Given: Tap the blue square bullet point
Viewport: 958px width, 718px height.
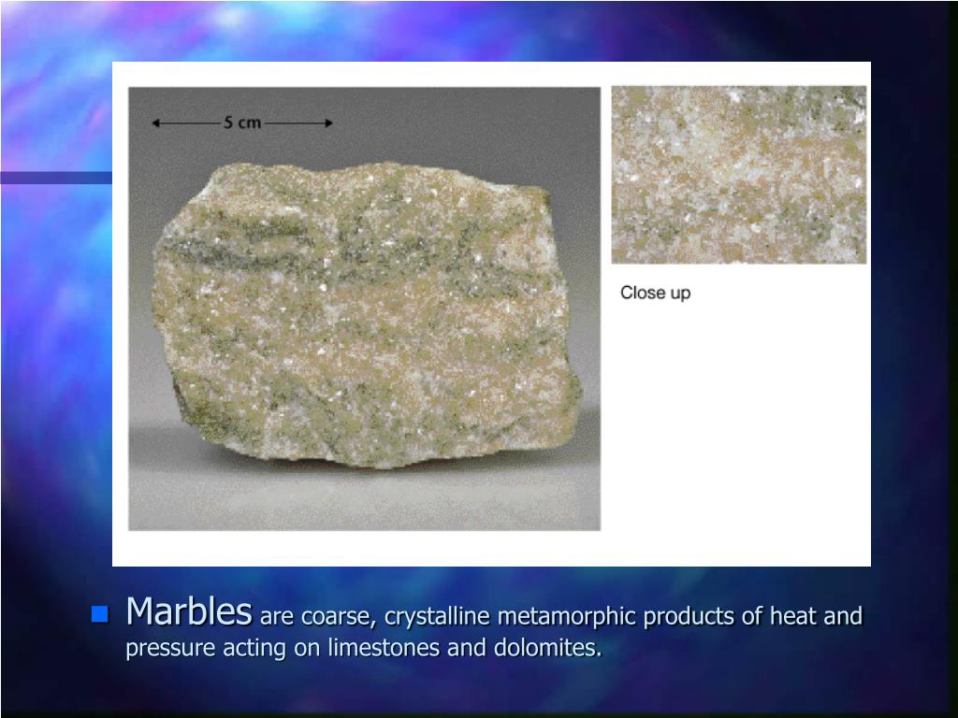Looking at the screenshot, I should tap(99, 614).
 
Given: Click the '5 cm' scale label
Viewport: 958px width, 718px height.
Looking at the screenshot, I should tap(241, 122).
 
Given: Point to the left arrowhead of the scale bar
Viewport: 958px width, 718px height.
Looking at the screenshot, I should tap(156, 122).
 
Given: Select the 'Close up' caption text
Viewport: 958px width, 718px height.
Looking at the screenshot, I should tap(655, 293).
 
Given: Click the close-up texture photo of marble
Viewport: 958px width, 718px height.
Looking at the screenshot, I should tap(739, 175).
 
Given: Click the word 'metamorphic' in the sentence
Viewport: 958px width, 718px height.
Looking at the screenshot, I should tap(556, 617).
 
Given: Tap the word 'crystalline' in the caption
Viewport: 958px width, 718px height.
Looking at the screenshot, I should tap(438, 617).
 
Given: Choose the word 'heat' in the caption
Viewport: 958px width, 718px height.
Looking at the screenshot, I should tap(801, 617).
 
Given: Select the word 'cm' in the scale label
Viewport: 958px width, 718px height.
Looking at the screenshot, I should tap(250, 122).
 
